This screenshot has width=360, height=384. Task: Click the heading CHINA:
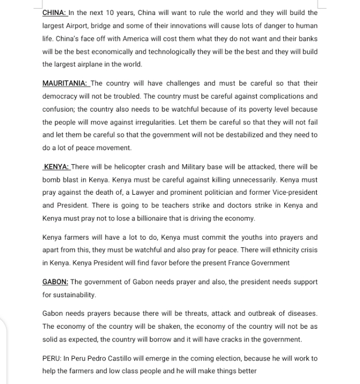pyautogui.click(x=55, y=12)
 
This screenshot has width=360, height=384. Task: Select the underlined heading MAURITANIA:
pyautogui.click(x=66, y=83)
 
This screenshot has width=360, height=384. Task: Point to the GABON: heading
pyautogui.click(x=55, y=282)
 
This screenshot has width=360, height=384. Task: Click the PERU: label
pyautogui.click(x=52, y=358)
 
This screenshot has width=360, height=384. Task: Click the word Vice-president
pyautogui.click(x=294, y=193)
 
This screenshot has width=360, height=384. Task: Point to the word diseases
pyautogui.click(x=301, y=313)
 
